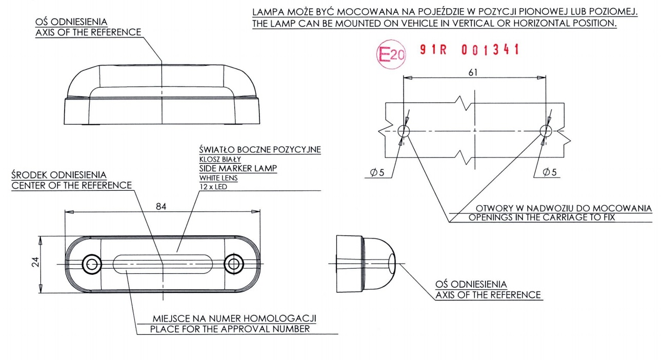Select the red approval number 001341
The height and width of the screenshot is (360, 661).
pyautogui.click(x=490, y=50)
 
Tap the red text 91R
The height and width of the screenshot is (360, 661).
pyautogui.click(x=433, y=50)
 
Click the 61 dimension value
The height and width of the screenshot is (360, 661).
pyautogui.click(x=472, y=72)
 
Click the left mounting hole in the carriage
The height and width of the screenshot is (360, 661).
pyautogui.click(x=404, y=130)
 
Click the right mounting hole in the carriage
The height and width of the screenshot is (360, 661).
pyautogui.click(x=545, y=130)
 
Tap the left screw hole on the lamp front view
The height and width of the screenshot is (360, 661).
pyautogui.click(x=92, y=264)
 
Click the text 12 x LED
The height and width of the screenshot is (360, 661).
pyautogui.click(x=213, y=187)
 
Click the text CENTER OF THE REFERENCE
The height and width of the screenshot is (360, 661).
pyautogui.click(x=71, y=185)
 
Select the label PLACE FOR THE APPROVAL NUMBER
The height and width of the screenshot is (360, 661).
pyautogui.click(x=230, y=329)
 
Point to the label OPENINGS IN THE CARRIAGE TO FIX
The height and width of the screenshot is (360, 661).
pyautogui.click(x=542, y=217)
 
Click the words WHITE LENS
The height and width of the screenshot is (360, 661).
pyautogui.click(x=218, y=178)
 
